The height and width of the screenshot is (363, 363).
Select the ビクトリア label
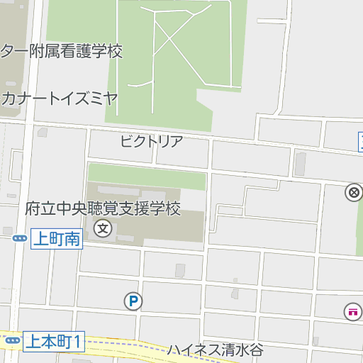pyautogui.click(x=151, y=140)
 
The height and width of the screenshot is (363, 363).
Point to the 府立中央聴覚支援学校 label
pyautogui.click(x=103, y=209)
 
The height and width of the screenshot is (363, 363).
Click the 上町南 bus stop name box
pyautogui.click(x=57, y=239)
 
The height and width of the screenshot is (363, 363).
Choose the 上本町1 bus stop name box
pyautogui.click(x=54, y=342)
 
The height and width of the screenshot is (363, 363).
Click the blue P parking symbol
pyautogui.click(x=133, y=302)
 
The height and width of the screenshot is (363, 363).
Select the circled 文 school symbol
pyautogui.click(x=104, y=229)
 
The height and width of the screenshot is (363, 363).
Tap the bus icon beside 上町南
pyautogui.click(x=20, y=239)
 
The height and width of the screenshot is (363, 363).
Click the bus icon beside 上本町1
pyautogui.click(x=13, y=342)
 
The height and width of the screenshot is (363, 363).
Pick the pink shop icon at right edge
pyautogui.click(x=352, y=311)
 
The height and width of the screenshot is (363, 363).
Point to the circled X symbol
pyautogui.click(x=353, y=192)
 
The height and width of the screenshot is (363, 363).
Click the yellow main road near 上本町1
pyautogui.click(x=128, y=347)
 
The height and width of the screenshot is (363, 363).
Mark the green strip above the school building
pyautogui.click(x=145, y=174)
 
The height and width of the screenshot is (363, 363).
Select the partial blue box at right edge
pyautogui.click(x=360, y=141)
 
